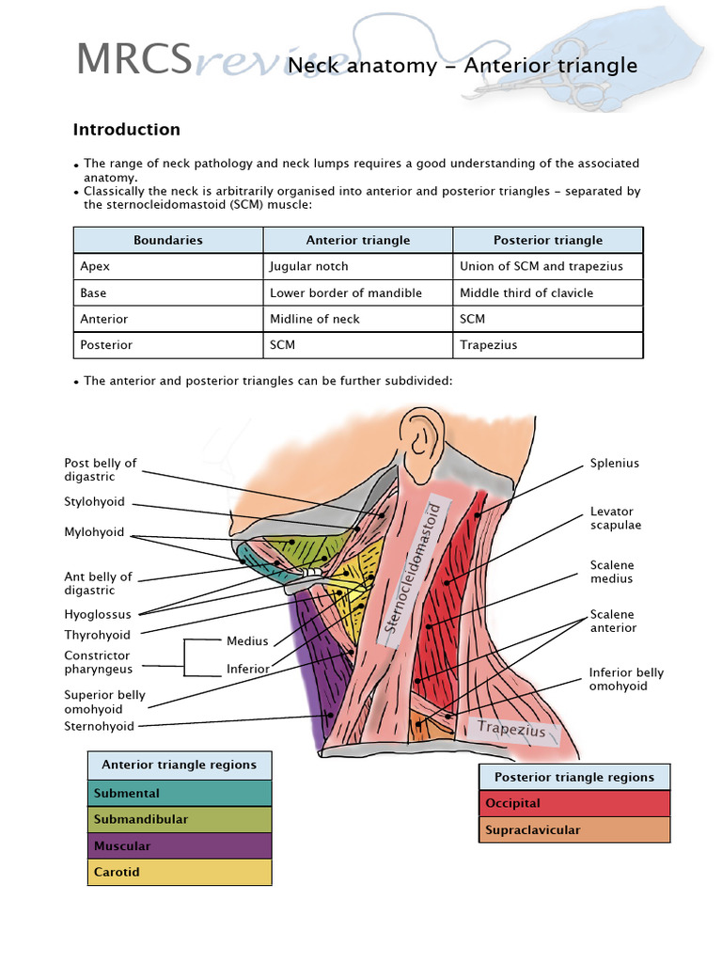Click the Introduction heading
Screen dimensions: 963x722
coord(127,130)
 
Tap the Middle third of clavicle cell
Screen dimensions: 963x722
coord(526,292)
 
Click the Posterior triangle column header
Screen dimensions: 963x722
coord(548,240)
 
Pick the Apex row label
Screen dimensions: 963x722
coord(95,266)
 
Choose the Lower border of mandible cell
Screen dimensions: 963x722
coord(346,292)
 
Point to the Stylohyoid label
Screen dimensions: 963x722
coord(94,502)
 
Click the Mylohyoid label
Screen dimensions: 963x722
coord(94,532)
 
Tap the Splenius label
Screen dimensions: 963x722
coord(614,464)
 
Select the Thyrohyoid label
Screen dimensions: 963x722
coord(97,635)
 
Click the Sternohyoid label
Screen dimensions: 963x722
coord(99,726)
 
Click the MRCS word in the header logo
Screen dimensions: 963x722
coord(133,60)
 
